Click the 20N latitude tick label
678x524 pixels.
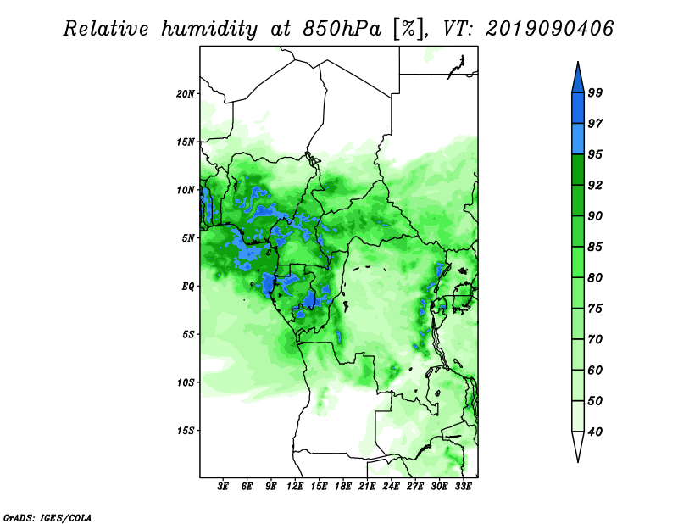pos(186,94)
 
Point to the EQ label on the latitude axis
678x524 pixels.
pos(188,287)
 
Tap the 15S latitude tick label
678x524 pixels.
pos(186,431)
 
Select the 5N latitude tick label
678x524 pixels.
pos(188,238)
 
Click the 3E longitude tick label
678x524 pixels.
pos(223,486)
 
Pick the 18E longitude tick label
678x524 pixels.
pos(343,486)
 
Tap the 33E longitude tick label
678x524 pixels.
pos(463,486)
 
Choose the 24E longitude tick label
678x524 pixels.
pos(391,486)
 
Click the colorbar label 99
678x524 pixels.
pos(596,92)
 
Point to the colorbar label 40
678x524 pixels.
pos(596,432)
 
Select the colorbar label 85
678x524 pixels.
pos(596,247)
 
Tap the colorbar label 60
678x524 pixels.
pos(596,370)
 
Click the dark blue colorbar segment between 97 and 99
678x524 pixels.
pos(578,109)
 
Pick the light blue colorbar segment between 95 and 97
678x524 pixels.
pos(578,139)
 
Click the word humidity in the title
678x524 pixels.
pos(209,29)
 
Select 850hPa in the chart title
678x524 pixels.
pos(342,29)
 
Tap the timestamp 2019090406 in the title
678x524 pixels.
pos(549,29)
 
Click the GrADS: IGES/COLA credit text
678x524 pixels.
pos(47,517)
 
